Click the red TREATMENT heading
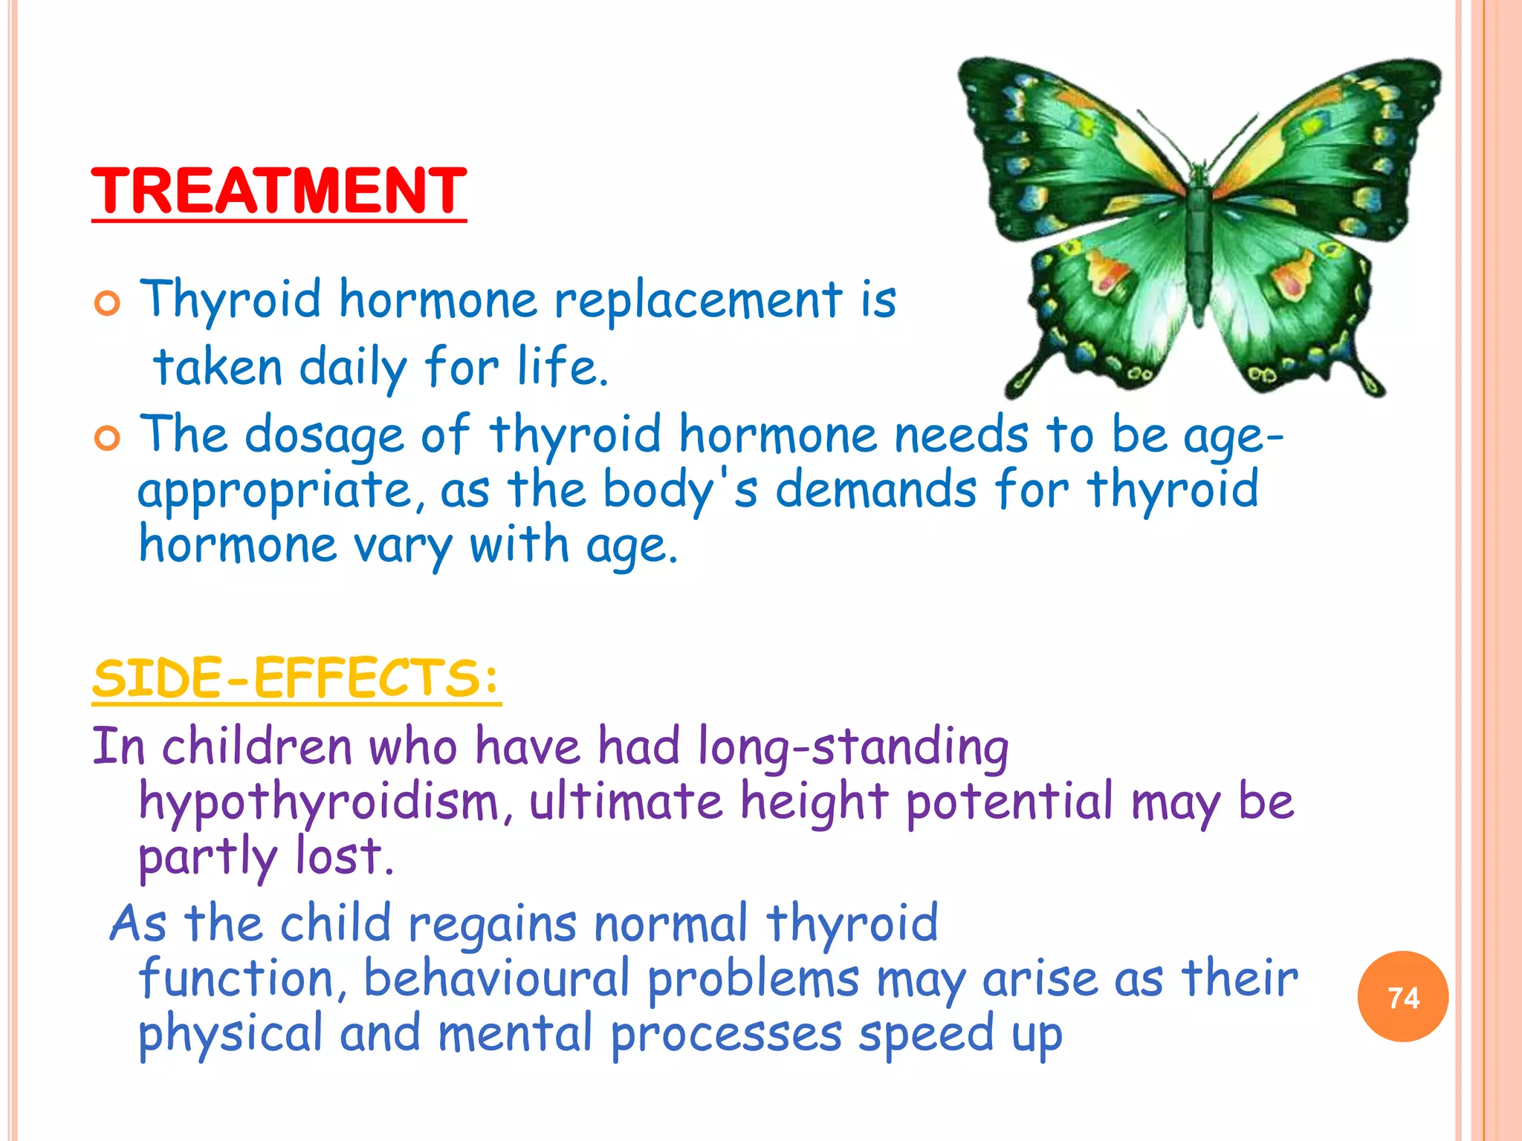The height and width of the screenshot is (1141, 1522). pyautogui.click(x=279, y=191)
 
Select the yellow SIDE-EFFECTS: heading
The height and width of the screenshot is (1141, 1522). pyautogui.click(x=297, y=678)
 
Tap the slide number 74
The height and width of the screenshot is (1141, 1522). pyautogui.click(x=1402, y=997)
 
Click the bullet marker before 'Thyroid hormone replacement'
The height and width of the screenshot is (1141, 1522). pyautogui.click(x=108, y=304)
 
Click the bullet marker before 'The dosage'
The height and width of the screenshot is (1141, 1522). pyautogui.click(x=108, y=439)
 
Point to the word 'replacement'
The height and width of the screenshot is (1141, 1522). pyautogui.click(x=698, y=301)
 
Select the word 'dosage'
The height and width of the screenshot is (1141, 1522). pyautogui.click(x=324, y=436)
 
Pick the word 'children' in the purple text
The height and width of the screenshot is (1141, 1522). pyautogui.click(x=256, y=747)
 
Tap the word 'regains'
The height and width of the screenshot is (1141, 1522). pyautogui.click(x=492, y=926)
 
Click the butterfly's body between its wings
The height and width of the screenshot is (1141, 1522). pyautogui.click(x=1198, y=238)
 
